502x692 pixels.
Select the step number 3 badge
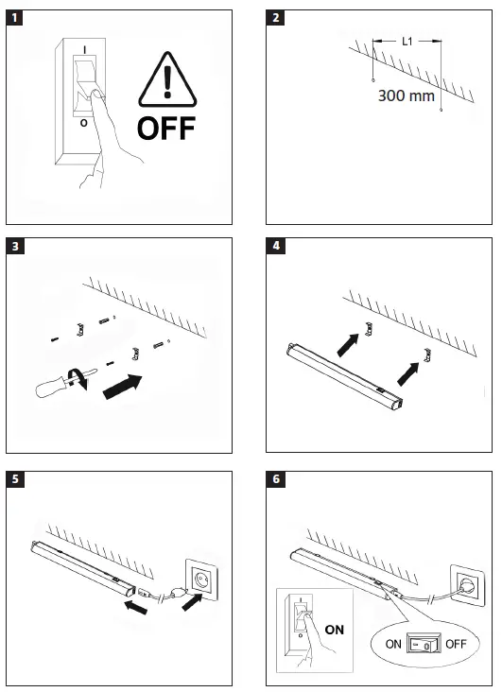(x=15, y=248)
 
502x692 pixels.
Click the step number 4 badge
(x=275, y=248)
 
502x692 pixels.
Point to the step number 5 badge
(x=15, y=479)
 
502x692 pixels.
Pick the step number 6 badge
(x=275, y=479)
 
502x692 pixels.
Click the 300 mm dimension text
(x=406, y=95)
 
